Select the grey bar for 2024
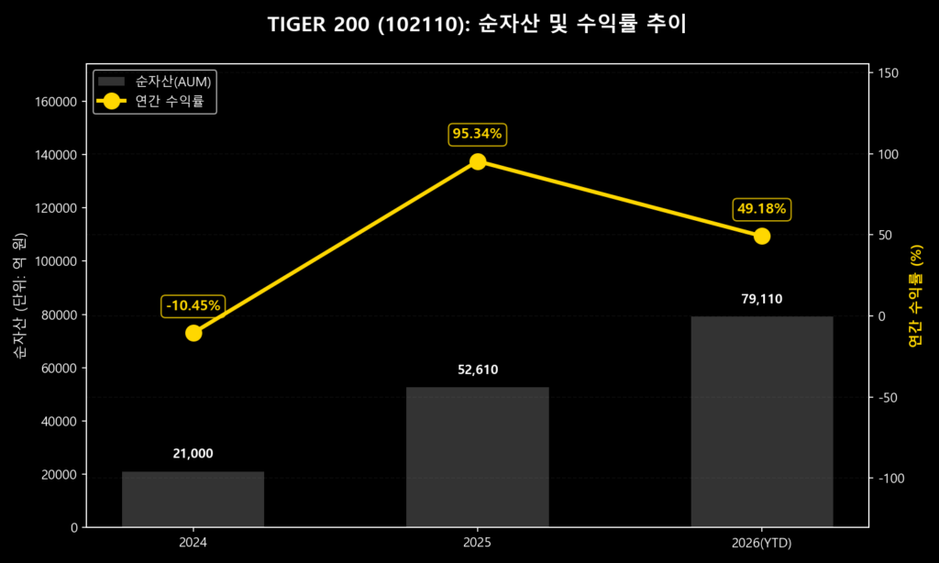pos(193,499)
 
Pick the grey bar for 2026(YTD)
pos(761,422)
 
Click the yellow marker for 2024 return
pos(193,333)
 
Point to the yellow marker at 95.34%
pos(478,161)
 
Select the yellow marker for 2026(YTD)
pos(761,236)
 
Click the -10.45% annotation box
pos(193,305)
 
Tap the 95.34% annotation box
pos(477,134)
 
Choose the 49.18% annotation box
pos(761,209)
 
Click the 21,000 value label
pos(193,453)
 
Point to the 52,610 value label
pos(477,370)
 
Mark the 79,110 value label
pos(761,299)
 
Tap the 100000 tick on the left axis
pos(56,261)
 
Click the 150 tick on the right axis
pos(889,73)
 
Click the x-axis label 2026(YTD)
pos(761,544)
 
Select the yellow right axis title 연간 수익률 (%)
pos(914,296)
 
